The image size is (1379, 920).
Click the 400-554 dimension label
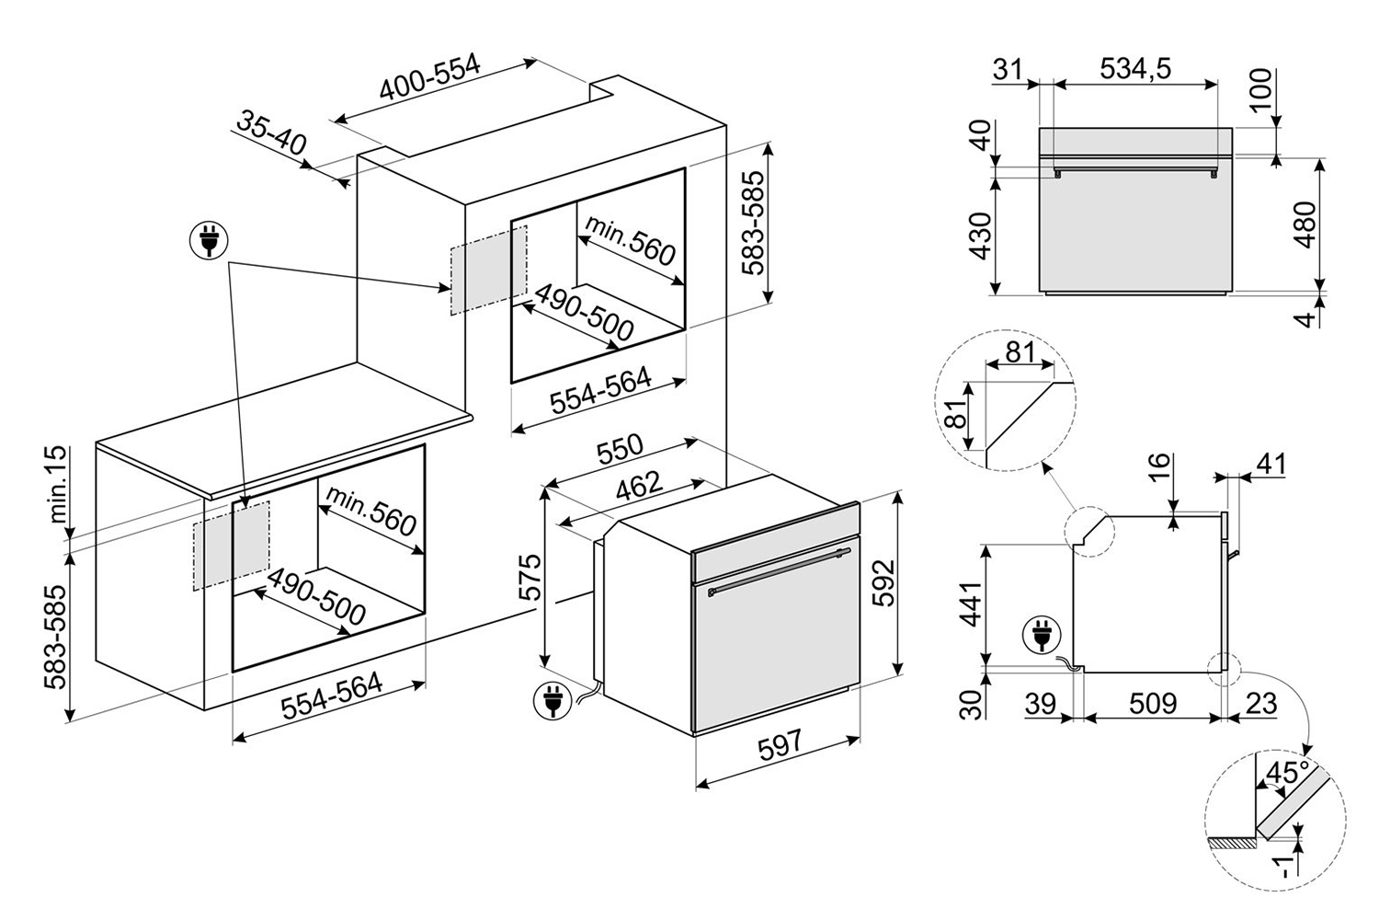pyautogui.click(x=429, y=77)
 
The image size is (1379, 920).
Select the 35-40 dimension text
pyautogui.click(x=271, y=132)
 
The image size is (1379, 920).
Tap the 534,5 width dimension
pyautogui.click(x=1135, y=68)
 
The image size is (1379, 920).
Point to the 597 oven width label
pyautogui.click(x=781, y=745)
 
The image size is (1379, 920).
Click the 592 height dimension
pyautogui.click(x=883, y=583)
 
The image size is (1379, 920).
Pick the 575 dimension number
pyautogui.click(x=530, y=578)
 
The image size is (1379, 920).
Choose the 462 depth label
pyautogui.click(x=638, y=486)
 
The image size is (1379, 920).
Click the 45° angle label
pyautogui.click(x=1288, y=772)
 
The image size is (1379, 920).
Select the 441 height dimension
pyautogui.click(x=970, y=604)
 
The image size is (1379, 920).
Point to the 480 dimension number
pyautogui.click(x=1305, y=224)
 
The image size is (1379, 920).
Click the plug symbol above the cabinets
pyautogui.click(x=209, y=240)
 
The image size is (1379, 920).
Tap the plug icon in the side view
pyautogui.click(x=1042, y=636)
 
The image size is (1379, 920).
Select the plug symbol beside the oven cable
pyautogui.click(x=553, y=701)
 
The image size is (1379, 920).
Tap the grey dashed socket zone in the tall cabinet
pyautogui.click(x=489, y=270)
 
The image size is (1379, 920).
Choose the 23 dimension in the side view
pyautogui.click(x=1260, y=703)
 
